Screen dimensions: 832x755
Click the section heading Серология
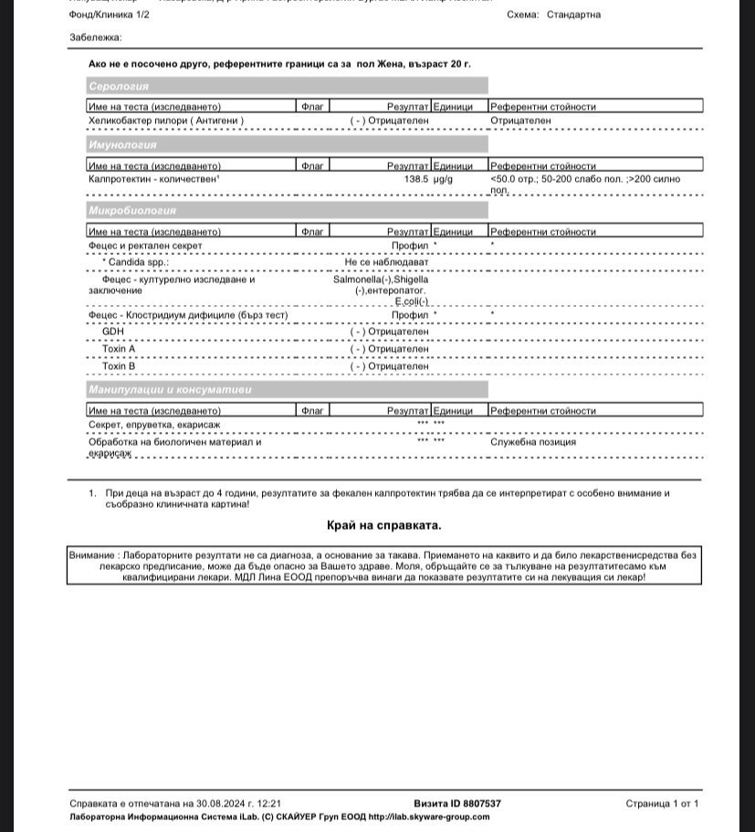click(119, 86)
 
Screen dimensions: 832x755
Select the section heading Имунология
click(122, 145)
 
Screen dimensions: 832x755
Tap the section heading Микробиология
click(131, 211)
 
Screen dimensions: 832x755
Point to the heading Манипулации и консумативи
click(169, 390)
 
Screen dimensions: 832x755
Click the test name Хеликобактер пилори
click(164, 120)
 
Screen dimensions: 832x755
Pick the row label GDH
click(113, 332)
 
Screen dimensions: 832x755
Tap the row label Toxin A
click(119, 349)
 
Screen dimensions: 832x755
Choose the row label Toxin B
click(119, 366)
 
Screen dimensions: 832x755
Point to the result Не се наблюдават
click(386, 262)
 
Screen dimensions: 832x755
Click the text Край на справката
click(383, 525)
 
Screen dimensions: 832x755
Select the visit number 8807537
click(482, 804)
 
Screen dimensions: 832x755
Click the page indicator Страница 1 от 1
click(662, 804)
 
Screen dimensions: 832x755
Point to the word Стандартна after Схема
click(573, 15)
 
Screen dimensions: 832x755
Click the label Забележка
click(95, 37)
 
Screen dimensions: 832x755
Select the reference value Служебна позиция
click(533, 442)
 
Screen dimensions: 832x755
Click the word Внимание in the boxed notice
click(91, 555)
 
